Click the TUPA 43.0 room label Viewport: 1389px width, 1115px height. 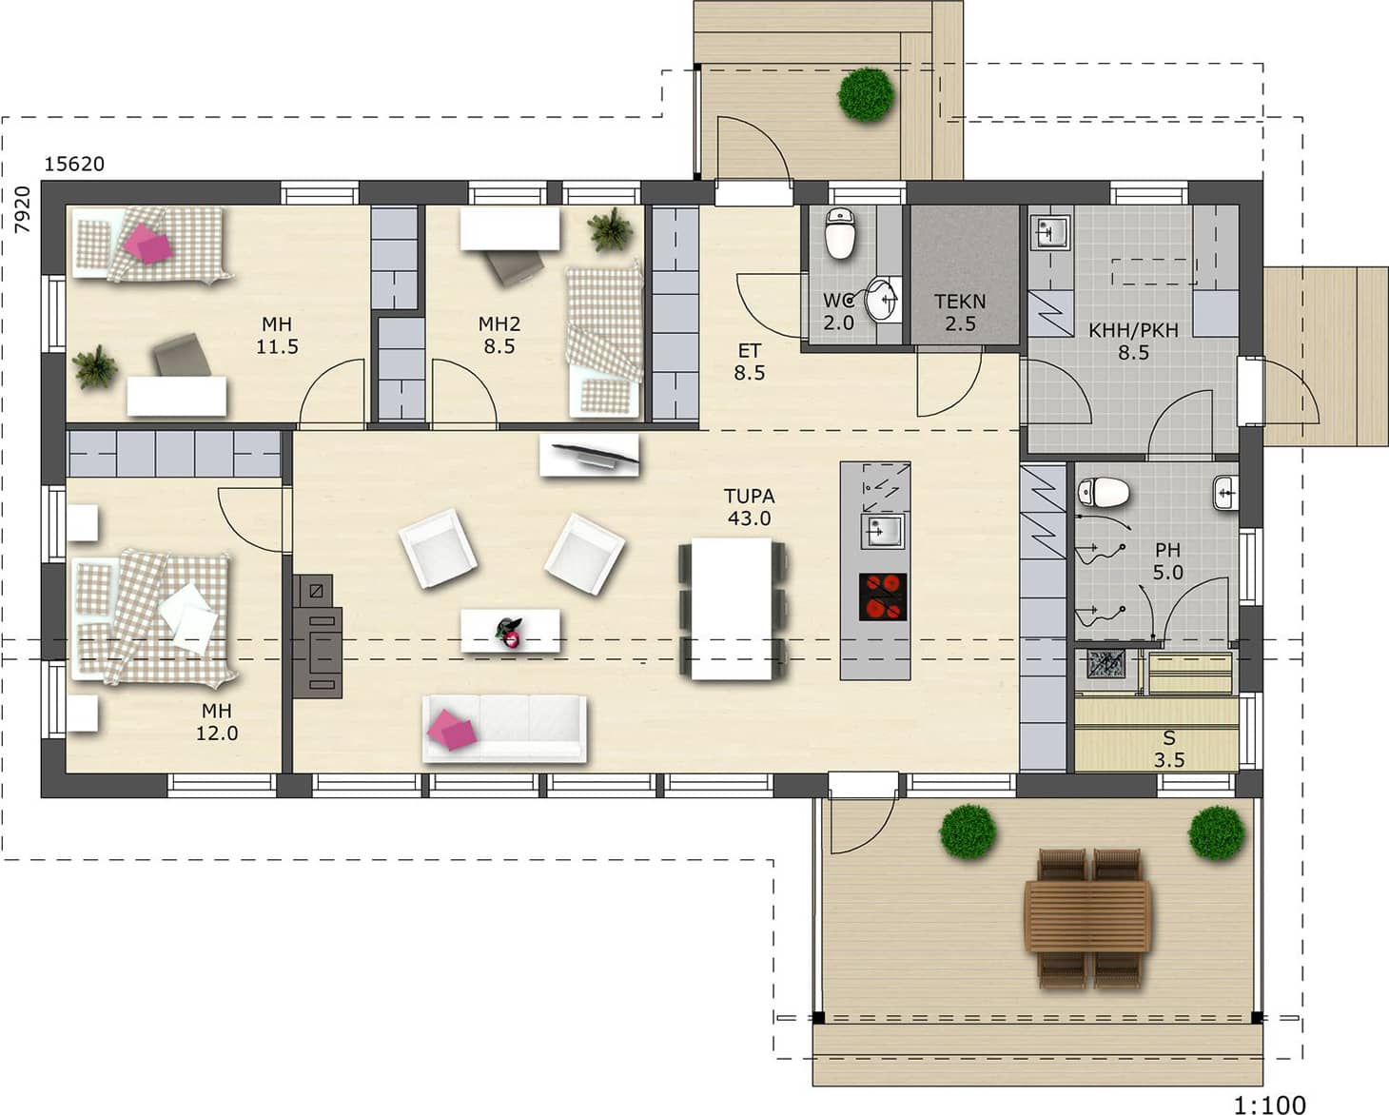click(x=749, y=507)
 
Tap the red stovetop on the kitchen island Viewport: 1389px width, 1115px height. click(x=882, y=597)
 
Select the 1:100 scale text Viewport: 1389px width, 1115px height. click(x=1270, y=1104)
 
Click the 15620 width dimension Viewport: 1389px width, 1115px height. click(x=74, y=164)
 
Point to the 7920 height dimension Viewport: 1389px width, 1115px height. click(x=23, y=209)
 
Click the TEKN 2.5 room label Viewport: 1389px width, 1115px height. click(x=961, y=312)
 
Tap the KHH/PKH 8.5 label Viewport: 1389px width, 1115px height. click(x=1133, y=342)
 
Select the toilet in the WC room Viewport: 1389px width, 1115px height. click(x=840, y=233)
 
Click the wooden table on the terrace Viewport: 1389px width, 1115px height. click(x=1087, y=917)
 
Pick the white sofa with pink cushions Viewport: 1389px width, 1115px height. click(x=505, y=729)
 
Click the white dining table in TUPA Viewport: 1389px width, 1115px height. click(x=732, y=609)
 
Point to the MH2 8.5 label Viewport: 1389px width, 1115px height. click(x=499, y=335)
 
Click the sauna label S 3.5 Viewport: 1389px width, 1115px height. click(x=1169, y=749)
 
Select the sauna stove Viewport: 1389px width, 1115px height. click(x=1106, y=664)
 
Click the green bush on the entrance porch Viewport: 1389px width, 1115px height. click(x=866, y=95)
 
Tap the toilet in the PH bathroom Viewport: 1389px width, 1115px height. click(x=1103, y=493)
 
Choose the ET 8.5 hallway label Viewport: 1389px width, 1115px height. click(x=749, y=362)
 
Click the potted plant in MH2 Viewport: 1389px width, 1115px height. click(x=609, y=229)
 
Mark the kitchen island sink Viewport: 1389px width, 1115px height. click(x=882, y=532)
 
